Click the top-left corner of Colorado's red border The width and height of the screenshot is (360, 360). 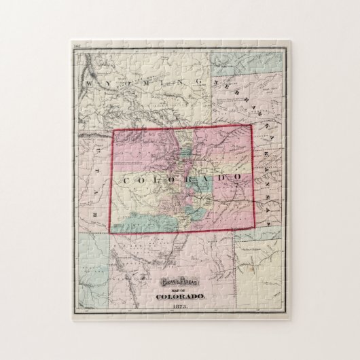(112, 130)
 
